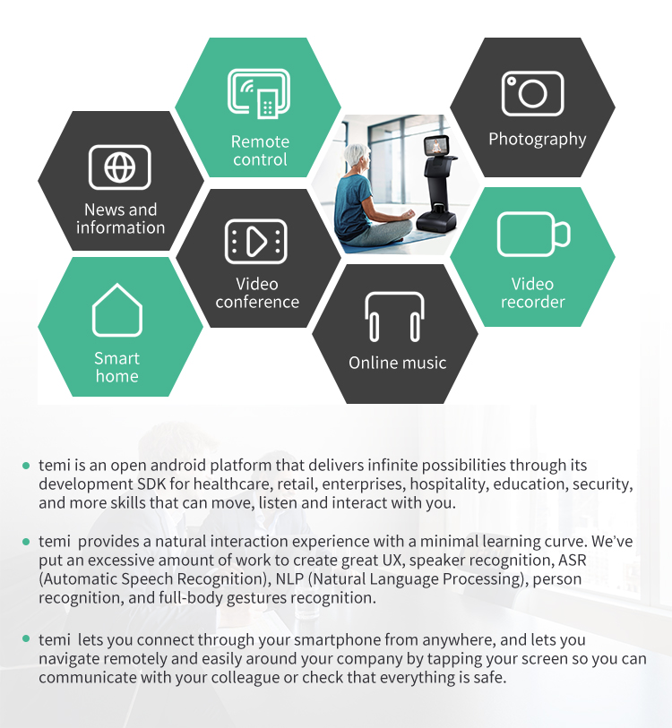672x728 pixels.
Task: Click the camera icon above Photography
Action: point(532,93)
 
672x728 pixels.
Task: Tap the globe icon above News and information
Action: point(120,167)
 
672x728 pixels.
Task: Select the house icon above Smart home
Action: point(117,311)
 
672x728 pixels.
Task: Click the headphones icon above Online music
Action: point(395,316)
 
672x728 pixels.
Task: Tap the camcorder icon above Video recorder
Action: point(533,235)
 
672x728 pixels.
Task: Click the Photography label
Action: point(537,139)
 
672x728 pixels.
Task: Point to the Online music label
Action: point(397,363)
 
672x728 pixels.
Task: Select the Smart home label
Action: point(117,367)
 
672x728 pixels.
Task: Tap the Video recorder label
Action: point(533,293)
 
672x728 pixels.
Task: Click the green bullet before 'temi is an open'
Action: point(26,466)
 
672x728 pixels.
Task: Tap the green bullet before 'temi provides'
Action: point(26,542)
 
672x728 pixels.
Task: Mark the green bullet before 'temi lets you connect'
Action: point(26,640)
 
